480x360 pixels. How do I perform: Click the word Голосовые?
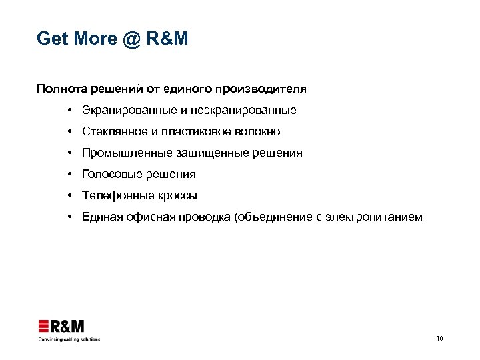pos(109,174)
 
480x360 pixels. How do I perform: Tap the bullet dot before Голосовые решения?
pos(69,174)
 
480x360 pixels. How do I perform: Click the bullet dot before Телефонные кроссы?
pos(69,195)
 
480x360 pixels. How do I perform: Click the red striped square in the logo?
pos(44,327)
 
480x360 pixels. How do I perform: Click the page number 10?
pos(439,339)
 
